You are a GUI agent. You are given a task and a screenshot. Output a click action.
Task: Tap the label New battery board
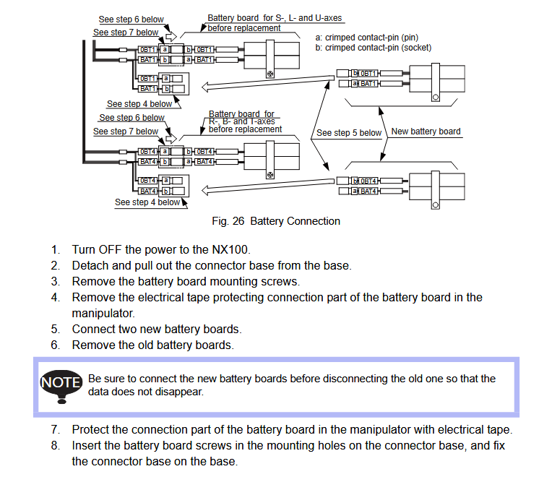tap(426, 132)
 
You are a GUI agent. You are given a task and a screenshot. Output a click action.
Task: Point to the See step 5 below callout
tap(349, 133)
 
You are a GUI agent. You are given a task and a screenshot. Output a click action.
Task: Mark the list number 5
tap(56, 329)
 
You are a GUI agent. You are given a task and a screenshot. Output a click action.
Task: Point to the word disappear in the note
tap(183, 392)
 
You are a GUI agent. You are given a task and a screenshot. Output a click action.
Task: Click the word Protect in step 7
tap(91, 430)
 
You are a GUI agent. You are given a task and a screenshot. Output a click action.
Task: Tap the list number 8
tap(56, 446)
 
